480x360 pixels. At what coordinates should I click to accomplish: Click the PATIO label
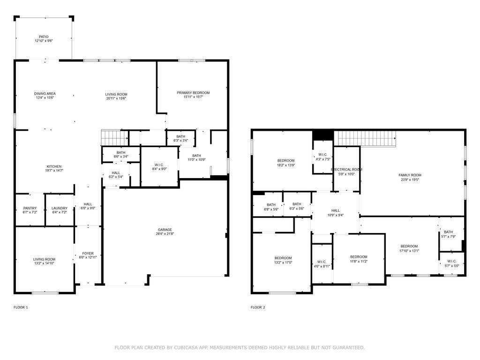(x=44, y=37)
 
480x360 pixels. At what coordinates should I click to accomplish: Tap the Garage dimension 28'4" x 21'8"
(x=165, y=233)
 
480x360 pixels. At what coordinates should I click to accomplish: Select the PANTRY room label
(x=30, y=208)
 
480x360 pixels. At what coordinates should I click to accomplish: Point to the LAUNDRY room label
(x=60, y=208)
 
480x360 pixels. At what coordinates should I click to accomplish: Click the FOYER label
(x=88, y=253)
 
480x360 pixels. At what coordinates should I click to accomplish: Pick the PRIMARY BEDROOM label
(x=193, y=93)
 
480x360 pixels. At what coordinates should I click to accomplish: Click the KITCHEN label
(x=54, y=166)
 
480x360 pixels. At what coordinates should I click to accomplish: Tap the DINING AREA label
(x=45, y=94)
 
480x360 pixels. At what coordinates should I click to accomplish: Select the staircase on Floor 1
(x=115, y=138)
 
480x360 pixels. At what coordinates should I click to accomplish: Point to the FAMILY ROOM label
(x=410, y=175)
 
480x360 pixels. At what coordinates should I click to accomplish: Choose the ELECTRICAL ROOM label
(x=346, y=169)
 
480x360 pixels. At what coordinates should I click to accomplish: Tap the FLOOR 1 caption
(x=21, y=307)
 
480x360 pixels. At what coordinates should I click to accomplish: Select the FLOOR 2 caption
(x=258, y=307)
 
